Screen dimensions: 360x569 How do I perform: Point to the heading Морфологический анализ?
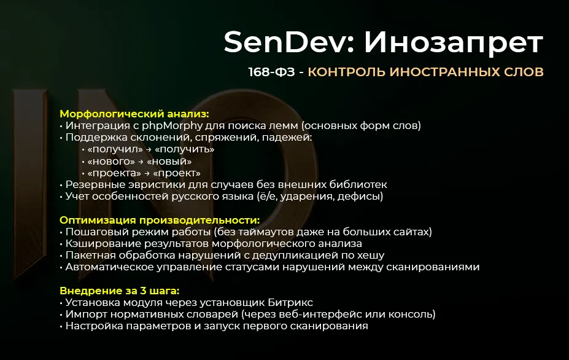click(x=134, y=114)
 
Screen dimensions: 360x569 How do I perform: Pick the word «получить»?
click(x=185, y=149)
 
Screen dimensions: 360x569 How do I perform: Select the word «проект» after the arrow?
click(x=179, y=173)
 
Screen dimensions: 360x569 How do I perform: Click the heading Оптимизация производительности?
click(x=160, y=220)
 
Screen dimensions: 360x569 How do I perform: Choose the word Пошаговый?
click(x=96, y=232)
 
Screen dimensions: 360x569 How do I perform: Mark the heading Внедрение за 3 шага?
click(x=123, y=291)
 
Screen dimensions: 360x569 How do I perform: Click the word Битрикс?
click(x=291, y=302)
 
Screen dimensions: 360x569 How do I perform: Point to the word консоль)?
click(x=412, y=315)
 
